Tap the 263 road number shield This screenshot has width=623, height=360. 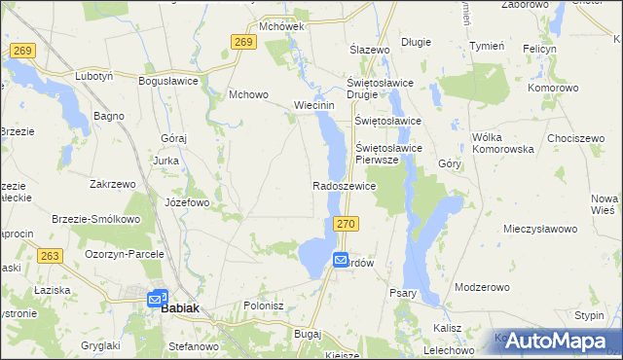pyautogui.click(x=52, y=255)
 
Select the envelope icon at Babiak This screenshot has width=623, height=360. pyautogui.click(x=157, y=299)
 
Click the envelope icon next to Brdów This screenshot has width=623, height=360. pyautogui.click(x=341, y=260)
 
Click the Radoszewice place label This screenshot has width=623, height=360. pyautogui.click(x=344, y=185)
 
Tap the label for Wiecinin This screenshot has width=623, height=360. pyautogui.click(x=314, y=106)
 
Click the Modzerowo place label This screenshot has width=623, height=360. pyautogui.click(x=482, y=288)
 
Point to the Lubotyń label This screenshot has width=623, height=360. pyautogui.click(x=95, y=75)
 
